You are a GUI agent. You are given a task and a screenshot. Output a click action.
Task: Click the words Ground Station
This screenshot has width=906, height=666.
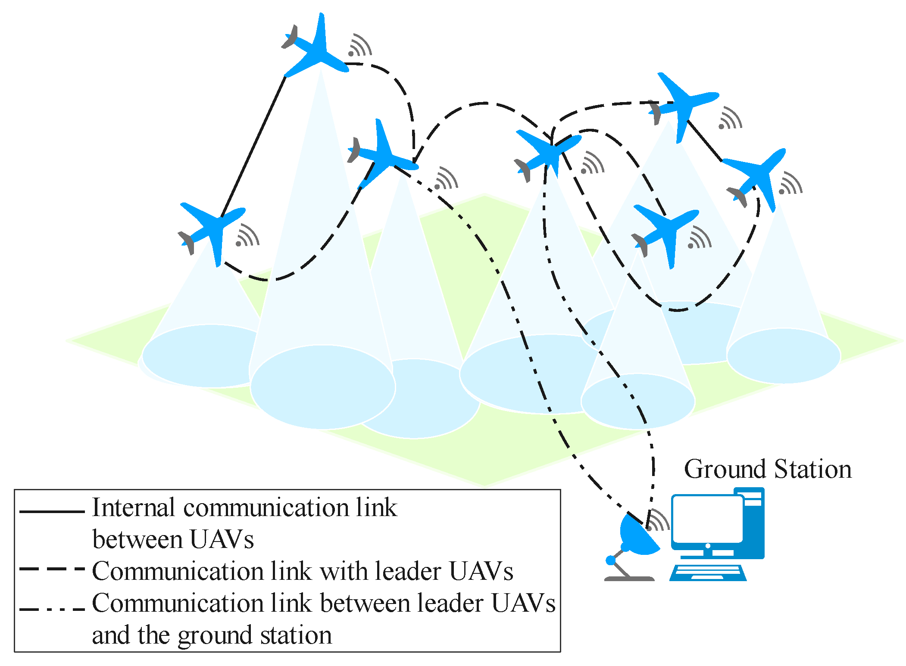tap(767, 469)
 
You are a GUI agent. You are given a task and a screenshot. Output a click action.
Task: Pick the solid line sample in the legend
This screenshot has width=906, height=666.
tap(52, 511)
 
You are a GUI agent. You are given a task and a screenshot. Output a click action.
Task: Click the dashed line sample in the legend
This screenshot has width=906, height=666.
tap(52, 569)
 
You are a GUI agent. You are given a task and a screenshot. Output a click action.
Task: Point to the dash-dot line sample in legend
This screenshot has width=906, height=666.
tap(52, 610)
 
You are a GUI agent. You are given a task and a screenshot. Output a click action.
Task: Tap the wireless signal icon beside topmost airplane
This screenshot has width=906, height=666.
tap(360, 45)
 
